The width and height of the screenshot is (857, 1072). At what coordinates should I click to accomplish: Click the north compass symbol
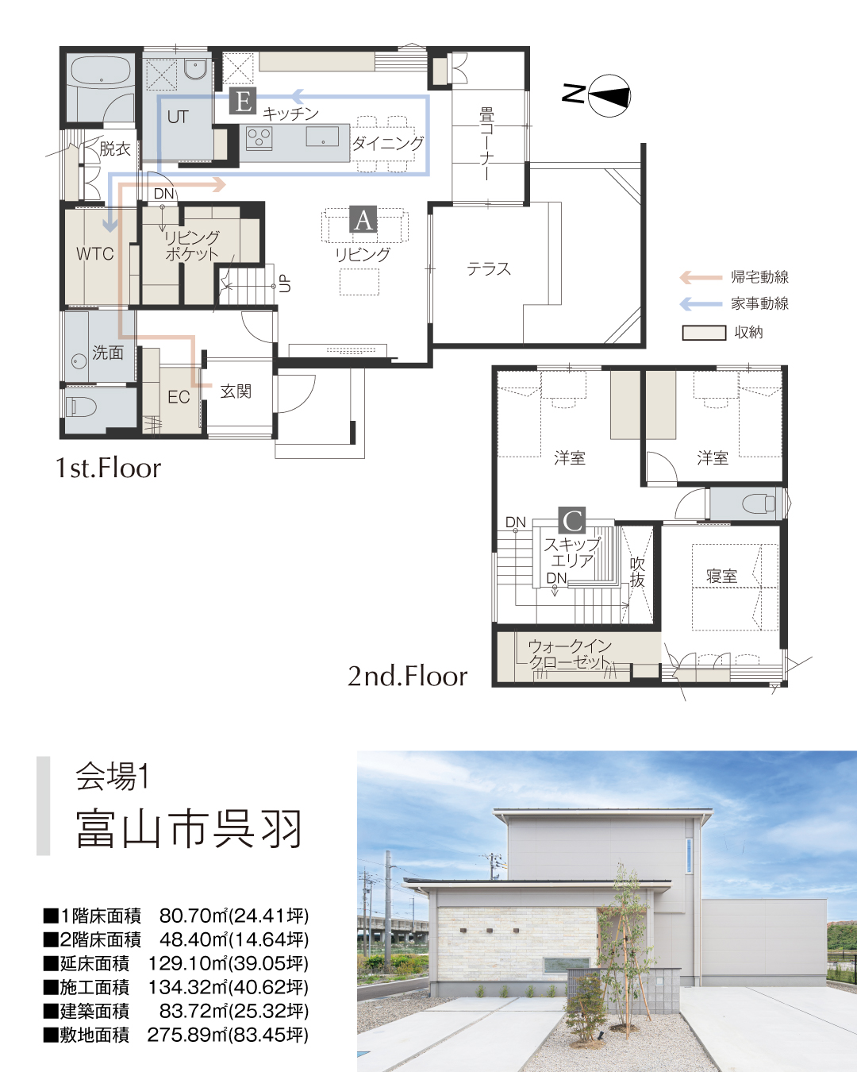pos(609,95)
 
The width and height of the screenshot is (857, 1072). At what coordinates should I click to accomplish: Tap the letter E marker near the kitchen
pos(243,101)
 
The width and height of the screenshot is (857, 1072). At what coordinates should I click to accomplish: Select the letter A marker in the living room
pos(363,219)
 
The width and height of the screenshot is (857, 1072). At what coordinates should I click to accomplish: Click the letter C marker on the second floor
pos(572,520)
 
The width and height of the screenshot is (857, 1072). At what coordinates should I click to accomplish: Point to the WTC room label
pos(94,254)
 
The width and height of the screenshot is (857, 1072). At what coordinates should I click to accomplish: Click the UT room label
pos(178,118)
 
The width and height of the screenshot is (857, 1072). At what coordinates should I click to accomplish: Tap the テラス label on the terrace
pos(489,269)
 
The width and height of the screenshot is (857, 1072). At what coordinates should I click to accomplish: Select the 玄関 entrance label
pos(236,391)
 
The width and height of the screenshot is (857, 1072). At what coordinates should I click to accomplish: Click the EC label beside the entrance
pos(179,396)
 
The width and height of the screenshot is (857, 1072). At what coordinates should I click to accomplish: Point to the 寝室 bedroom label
pos(722,576)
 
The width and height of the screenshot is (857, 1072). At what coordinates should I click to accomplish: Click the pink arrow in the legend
pos(700,277)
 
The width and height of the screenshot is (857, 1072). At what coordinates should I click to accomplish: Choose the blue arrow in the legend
pos(700,303)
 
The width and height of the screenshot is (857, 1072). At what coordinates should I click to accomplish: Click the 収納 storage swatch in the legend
pos(704,333)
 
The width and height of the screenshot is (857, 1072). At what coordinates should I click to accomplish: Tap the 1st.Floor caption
pos(108,468)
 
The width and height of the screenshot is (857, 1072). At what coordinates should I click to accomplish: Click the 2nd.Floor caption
pos(407,676)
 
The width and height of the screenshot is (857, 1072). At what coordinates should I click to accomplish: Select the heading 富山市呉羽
pos(189,829)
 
